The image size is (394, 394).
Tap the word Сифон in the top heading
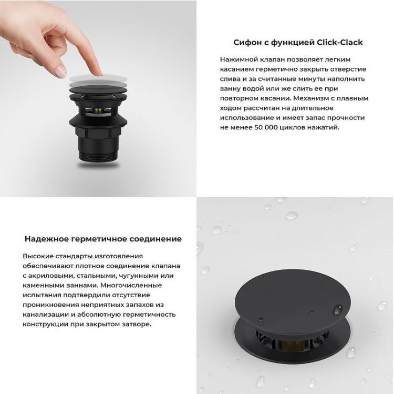246,43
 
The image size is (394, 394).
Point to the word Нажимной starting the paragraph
238,59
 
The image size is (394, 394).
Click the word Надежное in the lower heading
46,239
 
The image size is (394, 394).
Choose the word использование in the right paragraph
245,118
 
